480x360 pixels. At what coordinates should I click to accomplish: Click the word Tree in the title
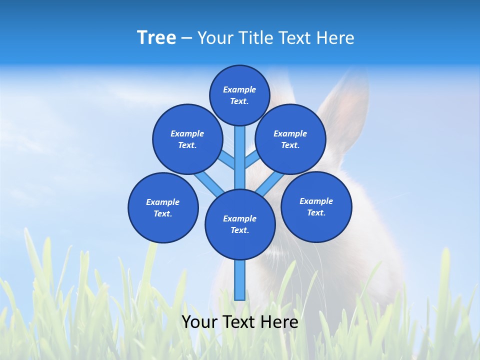coord(156,38)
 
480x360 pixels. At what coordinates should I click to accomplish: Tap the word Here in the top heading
coord(336,38)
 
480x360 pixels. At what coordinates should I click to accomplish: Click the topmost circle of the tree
coord(239,95)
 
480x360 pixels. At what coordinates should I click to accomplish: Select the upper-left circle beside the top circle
coord(187,139)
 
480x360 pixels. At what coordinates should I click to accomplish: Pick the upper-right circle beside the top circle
coord(290,139)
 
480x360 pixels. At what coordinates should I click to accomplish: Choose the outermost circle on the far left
coord(163,207)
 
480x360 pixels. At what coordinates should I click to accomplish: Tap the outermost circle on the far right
coord(316,206)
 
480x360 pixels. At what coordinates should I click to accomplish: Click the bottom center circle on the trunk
coord(240,224)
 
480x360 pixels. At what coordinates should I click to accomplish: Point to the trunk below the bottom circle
coord(240,280)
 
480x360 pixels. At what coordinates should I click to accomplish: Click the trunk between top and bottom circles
coord(240,160)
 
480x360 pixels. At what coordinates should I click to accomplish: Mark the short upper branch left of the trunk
coord(227,159)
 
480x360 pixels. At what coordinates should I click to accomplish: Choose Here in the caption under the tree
coord(280,322)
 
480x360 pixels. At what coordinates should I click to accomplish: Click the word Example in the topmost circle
coord(239,89)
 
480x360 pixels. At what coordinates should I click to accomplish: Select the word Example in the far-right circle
coord(316,201)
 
